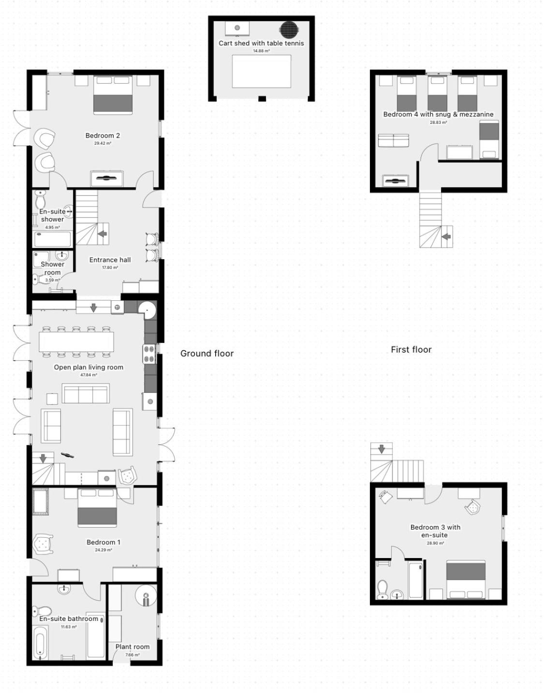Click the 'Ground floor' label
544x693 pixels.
coord(207,354)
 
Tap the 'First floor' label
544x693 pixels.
coord(411,350)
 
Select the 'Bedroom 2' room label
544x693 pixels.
coord(103,135)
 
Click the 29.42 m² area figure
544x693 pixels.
coord(103,144)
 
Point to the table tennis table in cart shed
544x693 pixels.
coord(262,72)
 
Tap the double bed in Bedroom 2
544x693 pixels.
coord(113,95)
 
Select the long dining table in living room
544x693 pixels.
coord(76,341)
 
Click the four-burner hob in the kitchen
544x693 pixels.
coord(149,354)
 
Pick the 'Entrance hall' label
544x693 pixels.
coord(110,260)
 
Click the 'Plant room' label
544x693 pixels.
coord(132,647)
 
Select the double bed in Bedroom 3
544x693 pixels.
coord(466,579)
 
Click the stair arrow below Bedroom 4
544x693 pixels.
coord(446,236)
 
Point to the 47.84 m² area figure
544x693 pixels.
coord(88,375)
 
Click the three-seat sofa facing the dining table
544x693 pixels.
coord(86,393)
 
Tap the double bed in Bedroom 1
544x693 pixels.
coord(97,507)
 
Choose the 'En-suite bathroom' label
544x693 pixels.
coord(69,619)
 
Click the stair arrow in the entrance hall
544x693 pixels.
coord(103,234)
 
